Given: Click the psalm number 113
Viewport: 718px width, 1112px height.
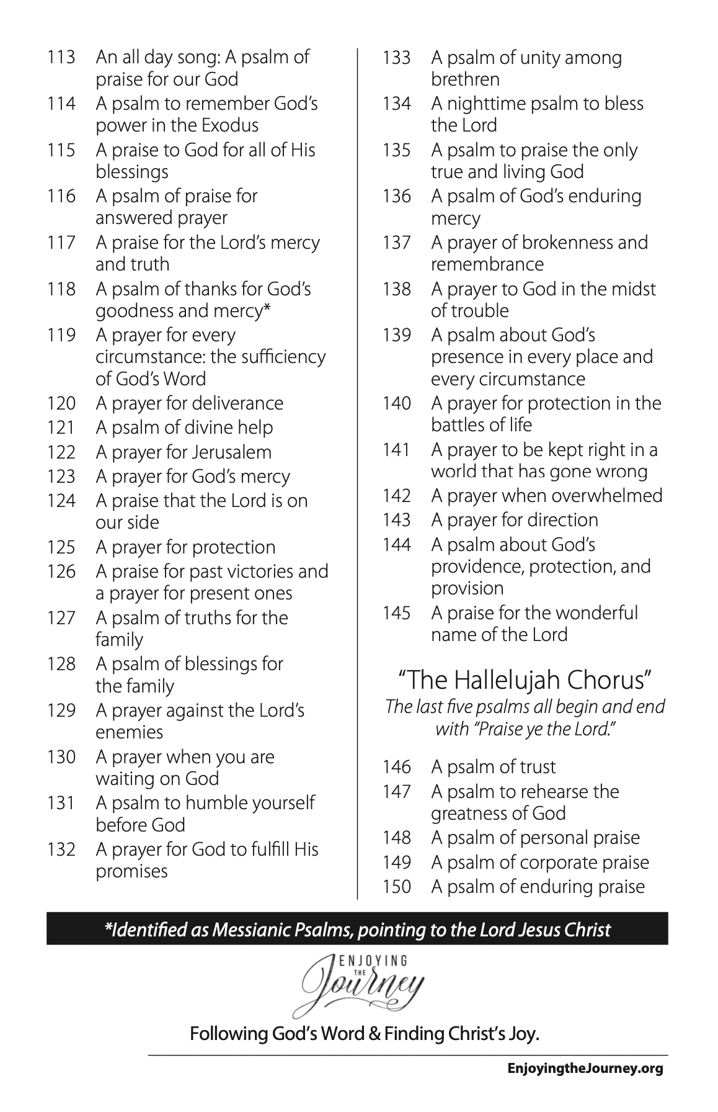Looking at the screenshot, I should [x=61, y=58].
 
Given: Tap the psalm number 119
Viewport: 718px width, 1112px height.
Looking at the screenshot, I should [x=61, y=336].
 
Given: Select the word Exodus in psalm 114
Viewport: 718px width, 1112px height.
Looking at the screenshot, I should [x=229, y=125].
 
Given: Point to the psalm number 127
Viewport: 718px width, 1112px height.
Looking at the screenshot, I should [x=61, y=618].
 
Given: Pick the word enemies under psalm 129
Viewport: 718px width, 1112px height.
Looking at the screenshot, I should [x=129, y=732].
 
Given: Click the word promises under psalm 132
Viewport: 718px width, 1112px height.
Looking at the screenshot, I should [x=131, y=871].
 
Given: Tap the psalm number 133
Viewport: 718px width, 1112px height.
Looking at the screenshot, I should [x=397, y=58].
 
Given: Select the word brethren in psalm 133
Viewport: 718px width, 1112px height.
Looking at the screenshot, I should [x=465, y=79].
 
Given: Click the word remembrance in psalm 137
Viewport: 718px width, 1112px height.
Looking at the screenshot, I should [x=487, y=264].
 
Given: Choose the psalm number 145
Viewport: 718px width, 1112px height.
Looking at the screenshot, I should [x=397, y=613].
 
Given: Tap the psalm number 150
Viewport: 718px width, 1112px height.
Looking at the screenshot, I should [x=397, y=887].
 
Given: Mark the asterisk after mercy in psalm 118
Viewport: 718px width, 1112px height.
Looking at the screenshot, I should [x=267, y=309].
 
